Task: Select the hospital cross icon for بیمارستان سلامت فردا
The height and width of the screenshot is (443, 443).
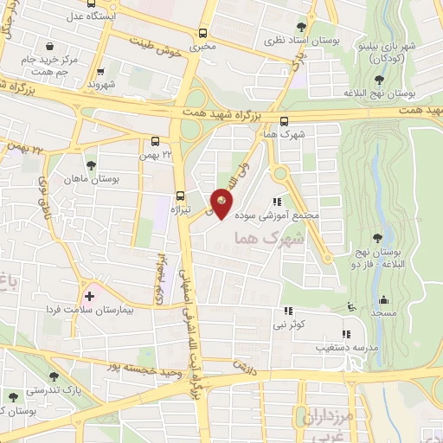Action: tap(89, 296)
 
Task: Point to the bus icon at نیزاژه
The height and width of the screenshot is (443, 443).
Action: tap(180, 195)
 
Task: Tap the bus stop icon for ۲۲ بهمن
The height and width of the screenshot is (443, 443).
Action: tap(155, 140)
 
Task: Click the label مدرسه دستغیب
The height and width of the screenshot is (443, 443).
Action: tap(345, 347)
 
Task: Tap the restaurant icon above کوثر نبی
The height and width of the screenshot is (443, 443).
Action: tap(286, 311)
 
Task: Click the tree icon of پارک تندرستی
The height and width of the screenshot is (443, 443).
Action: tap(55, 376)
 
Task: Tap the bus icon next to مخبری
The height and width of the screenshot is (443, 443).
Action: tap(203, 33)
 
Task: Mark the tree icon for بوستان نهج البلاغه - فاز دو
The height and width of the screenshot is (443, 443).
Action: tap(378, 238)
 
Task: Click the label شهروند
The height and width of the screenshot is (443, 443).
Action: tap(100, 86)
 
